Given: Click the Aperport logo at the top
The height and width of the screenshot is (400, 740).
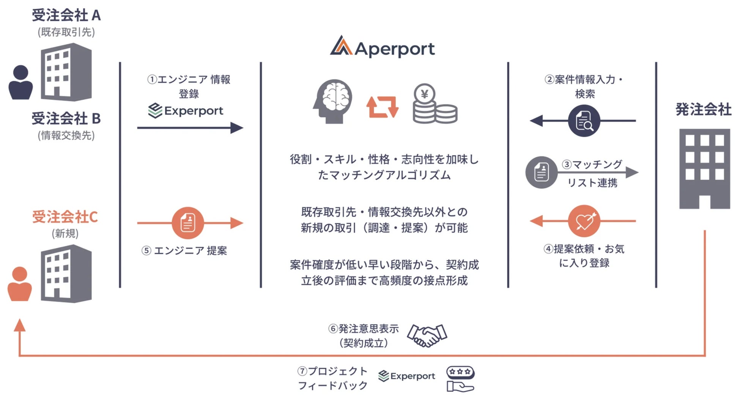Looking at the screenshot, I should click(x=383, y=47).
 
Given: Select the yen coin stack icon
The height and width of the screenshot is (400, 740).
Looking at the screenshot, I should click(x=434, y=104).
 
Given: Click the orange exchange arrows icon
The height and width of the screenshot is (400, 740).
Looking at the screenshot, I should click(x=382, y=107).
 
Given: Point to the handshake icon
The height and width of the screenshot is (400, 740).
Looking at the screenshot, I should click(x=427, y=335).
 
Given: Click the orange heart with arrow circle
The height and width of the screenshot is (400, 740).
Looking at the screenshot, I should click(x=584, y=221).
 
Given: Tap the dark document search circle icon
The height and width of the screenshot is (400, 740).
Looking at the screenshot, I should click(x=584, y=121).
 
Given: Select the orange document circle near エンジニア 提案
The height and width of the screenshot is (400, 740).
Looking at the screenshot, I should click(x=187, y=223).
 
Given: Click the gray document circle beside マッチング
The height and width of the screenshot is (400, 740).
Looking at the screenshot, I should click(x=542, y=172).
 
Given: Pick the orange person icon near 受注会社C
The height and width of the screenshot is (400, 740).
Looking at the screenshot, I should click(x=20, y=284).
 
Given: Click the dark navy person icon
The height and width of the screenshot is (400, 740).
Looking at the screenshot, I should click(x=20, y=82).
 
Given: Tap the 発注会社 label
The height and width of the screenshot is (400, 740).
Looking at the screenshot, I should click(x=703, y=110).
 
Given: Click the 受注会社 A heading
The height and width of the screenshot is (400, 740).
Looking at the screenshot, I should click(x=66, y=16).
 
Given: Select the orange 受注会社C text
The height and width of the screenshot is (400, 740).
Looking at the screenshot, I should click(x=65, y=217).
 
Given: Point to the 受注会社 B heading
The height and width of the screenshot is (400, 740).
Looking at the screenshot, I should click(x=66, y=119).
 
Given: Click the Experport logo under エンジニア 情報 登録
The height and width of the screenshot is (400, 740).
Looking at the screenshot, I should click(x=186, y=111).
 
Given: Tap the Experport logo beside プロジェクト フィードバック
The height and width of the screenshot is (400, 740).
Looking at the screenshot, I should click(x=407, y=376).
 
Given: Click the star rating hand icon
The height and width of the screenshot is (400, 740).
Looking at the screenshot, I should click(x=460, y=379).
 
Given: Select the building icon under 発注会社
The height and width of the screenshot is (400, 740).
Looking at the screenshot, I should click(x=704, y=169).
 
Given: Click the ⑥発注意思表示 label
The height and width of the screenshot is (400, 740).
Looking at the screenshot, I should click(x=364, y=329).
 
